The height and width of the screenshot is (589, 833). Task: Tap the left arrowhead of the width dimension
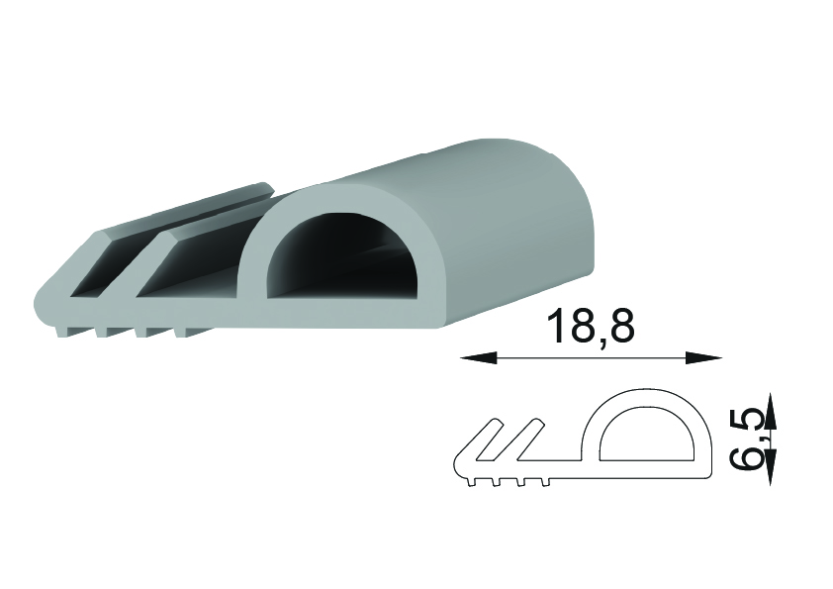478,358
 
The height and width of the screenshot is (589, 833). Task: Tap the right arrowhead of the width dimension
703,358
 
